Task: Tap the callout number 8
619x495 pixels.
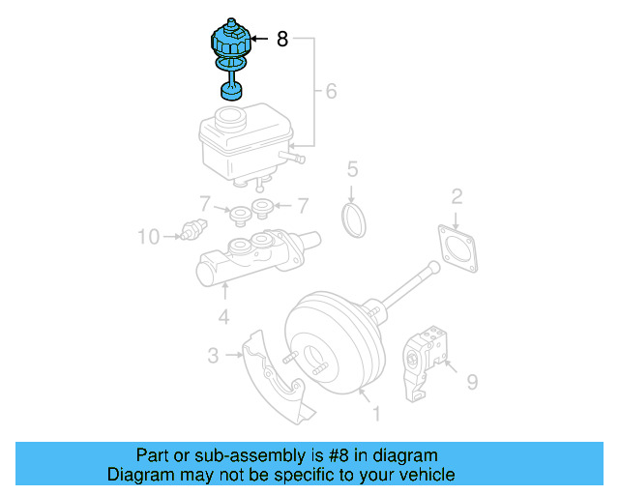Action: pos(281,40)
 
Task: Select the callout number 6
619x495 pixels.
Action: pos(330,92)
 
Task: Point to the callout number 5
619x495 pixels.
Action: pos(353,170)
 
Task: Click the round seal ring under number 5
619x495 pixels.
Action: pos(356,218)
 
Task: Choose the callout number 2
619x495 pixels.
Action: pos(457,197)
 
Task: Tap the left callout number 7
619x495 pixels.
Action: pos(205,205)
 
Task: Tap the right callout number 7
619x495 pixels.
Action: pos(302,205)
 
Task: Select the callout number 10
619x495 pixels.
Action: pos(147,235)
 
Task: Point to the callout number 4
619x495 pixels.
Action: pos(223,316)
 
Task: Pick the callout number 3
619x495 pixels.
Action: pos(213,356)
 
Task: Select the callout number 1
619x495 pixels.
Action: pos(375,414)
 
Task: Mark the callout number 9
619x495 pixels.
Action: pos(472,383)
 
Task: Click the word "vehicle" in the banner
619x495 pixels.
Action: pos(421,475)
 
